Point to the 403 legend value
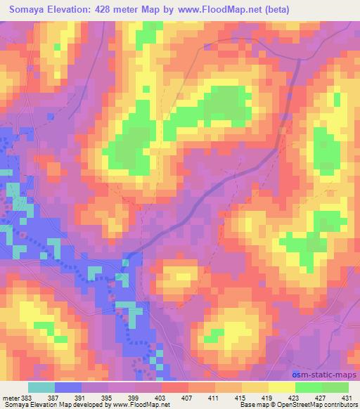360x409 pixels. pyautogui.click(x=148, y=397)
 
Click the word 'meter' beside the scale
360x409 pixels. pyautogui.click(x=9, y=397)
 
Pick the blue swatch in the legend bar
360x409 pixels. pyautogui.click(x=68, y=387)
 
